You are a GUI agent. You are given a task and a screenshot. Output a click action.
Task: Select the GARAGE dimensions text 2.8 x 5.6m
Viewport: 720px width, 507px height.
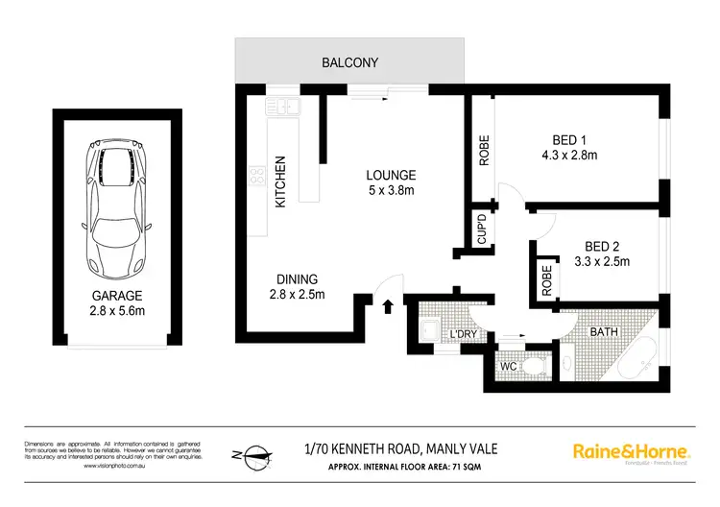click(x=118, y=311)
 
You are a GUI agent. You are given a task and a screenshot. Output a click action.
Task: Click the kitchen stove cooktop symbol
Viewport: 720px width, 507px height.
click(x=257, y=177)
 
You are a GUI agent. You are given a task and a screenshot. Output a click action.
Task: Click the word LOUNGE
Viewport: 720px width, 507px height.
click(x=390, y=175)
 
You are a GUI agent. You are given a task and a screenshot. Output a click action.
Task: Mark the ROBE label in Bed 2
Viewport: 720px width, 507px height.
click(x=546, y=278)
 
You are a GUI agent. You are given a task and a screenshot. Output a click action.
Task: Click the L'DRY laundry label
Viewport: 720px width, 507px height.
click(x=465, y=334)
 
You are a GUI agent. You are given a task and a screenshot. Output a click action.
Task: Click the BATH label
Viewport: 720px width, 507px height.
click(x=602, y=331)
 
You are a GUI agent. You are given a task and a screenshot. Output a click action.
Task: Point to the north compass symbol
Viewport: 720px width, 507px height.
click(x=248, y=451)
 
